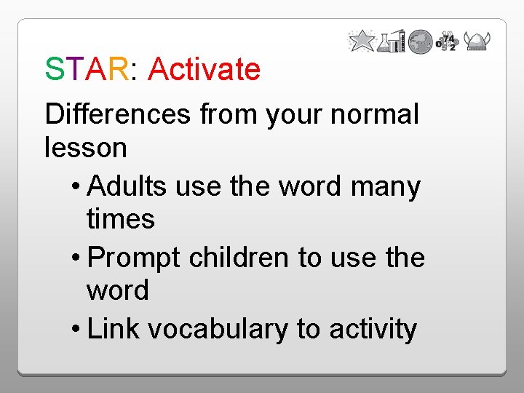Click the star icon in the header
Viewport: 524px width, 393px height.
[362, 41]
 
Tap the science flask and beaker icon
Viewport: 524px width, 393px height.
[392, 41]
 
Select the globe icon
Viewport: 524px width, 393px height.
[420, 42]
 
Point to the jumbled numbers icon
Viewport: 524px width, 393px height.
[446, 42]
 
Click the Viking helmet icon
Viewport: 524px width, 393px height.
[477, 41]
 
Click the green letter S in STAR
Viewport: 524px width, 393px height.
[55, 70]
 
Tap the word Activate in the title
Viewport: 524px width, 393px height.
[204, 70]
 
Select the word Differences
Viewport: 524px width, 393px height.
[117, 114]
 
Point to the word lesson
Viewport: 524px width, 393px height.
[86, 148]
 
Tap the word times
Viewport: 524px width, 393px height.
[120, 218]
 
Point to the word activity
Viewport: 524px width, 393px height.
[373, 329]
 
